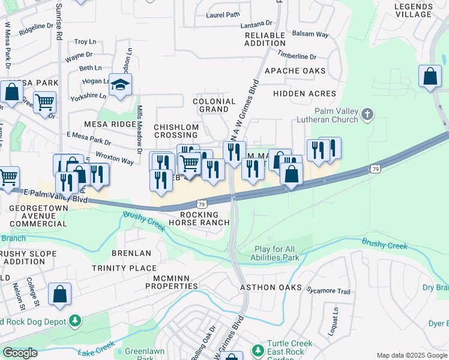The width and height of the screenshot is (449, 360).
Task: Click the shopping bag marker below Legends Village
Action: point(430,77)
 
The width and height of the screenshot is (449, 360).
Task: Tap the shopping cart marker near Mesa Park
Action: point(44,103)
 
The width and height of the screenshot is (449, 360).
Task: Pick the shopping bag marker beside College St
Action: point(59,294)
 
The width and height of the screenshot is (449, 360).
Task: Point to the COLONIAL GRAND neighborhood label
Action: point(214,106)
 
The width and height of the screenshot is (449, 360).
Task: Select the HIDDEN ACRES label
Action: point(304,94)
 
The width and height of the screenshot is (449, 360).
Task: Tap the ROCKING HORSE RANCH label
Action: point(204,218)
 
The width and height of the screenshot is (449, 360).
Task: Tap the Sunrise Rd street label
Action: point(58,28)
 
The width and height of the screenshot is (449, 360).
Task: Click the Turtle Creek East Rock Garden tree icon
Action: point(258,349)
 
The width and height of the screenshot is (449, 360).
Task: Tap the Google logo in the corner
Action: point(20,353)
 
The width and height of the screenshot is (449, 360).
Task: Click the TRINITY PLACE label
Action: point(124,268)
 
